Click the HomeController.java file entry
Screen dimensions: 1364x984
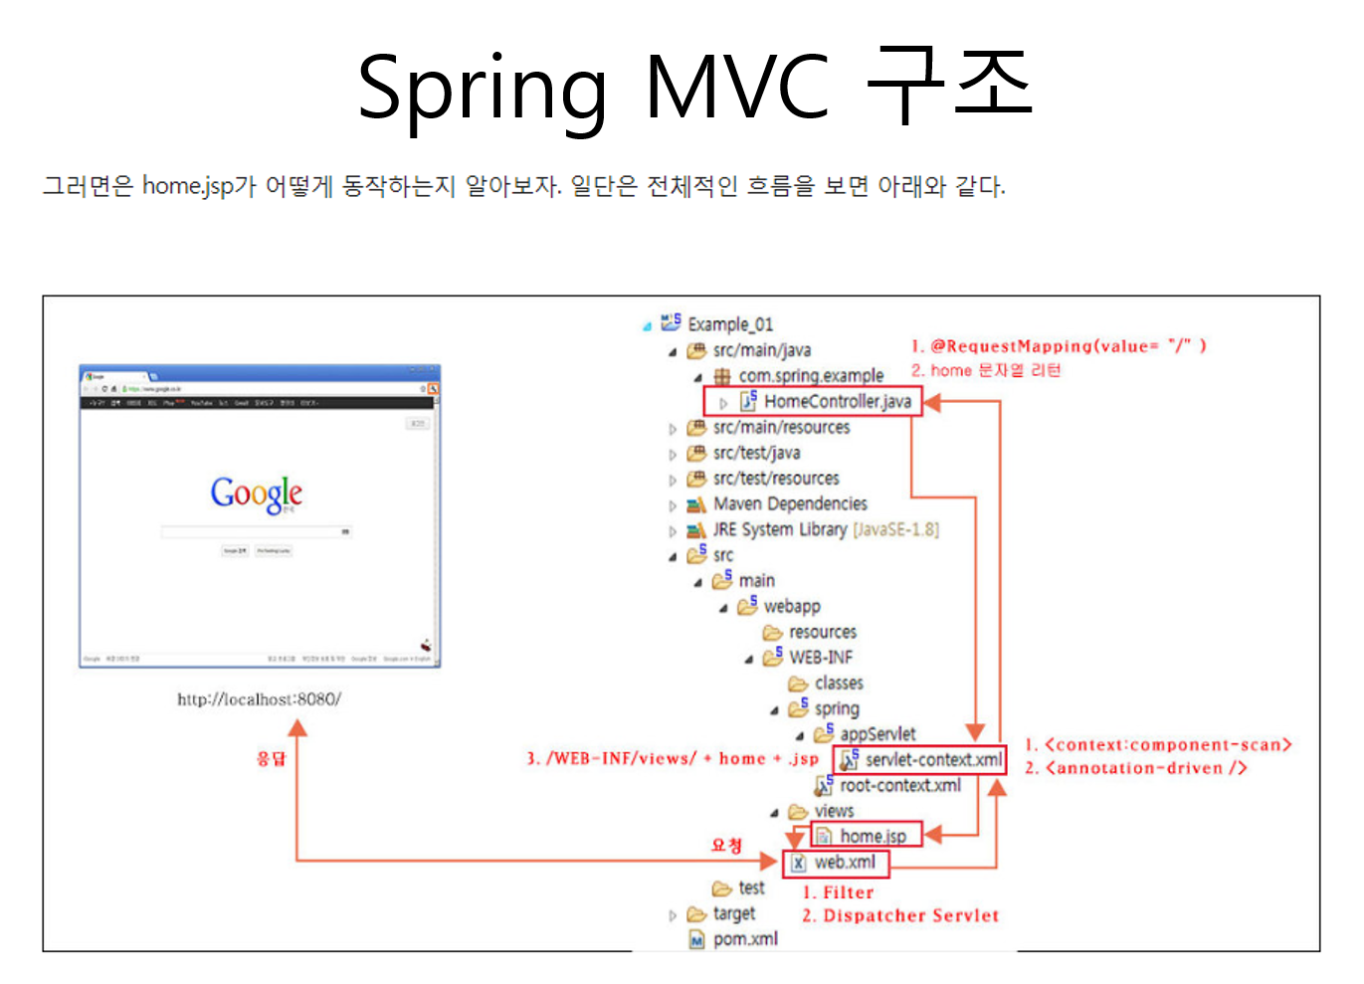click(838, 401)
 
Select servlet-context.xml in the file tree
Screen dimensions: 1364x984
click(932, 760)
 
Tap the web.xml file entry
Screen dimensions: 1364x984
click(845, 863)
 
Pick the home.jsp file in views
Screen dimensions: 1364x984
click(873, 837)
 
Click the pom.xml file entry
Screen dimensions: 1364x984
click(745, 939)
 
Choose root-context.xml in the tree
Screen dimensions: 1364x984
click(899, 786)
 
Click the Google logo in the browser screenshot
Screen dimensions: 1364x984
click(257, 493)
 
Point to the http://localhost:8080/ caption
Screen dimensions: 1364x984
click(259, 699)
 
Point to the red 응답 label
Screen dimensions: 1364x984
click(271, 759)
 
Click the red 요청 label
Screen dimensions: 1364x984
click(726, 846)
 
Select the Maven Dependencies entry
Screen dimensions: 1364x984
click(790, 504)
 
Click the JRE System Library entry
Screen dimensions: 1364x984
click(780, 530)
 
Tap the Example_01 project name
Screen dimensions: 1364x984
click(729, 324)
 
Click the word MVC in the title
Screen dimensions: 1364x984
click(736, 88)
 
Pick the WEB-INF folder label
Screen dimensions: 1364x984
click(821, 658)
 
